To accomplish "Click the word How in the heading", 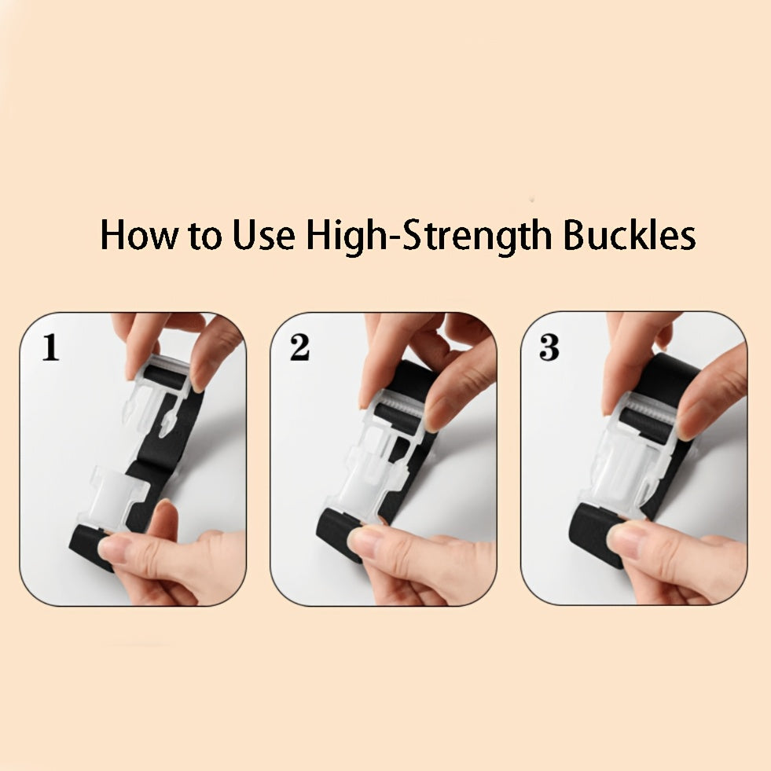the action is click(138, 235).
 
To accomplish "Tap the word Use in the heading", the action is click(263, 235).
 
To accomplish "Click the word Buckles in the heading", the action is click(629, 235).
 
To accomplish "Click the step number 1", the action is click(50, 347).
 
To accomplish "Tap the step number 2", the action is click(299, 347).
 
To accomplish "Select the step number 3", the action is click(549, 347).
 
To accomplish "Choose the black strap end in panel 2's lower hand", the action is click(337, 534).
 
